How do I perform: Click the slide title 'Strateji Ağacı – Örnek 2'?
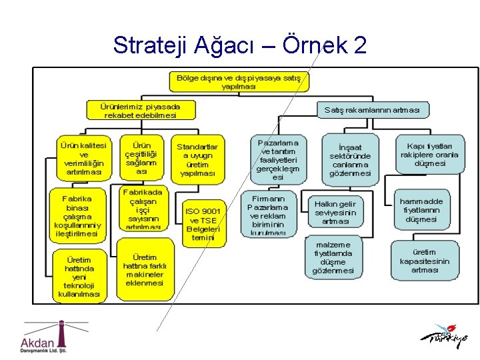pos(239,45)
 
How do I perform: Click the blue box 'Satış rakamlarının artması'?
pos(372,109)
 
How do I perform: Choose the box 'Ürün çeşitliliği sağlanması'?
pos(141,158)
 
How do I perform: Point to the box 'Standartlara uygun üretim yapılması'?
pos(197,159)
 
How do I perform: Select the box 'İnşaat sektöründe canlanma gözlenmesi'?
pos(350,160)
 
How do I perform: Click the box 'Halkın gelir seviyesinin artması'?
pos(335,212)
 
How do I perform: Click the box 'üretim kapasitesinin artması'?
pos(424,261)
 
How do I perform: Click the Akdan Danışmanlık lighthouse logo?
pos(45,337)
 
